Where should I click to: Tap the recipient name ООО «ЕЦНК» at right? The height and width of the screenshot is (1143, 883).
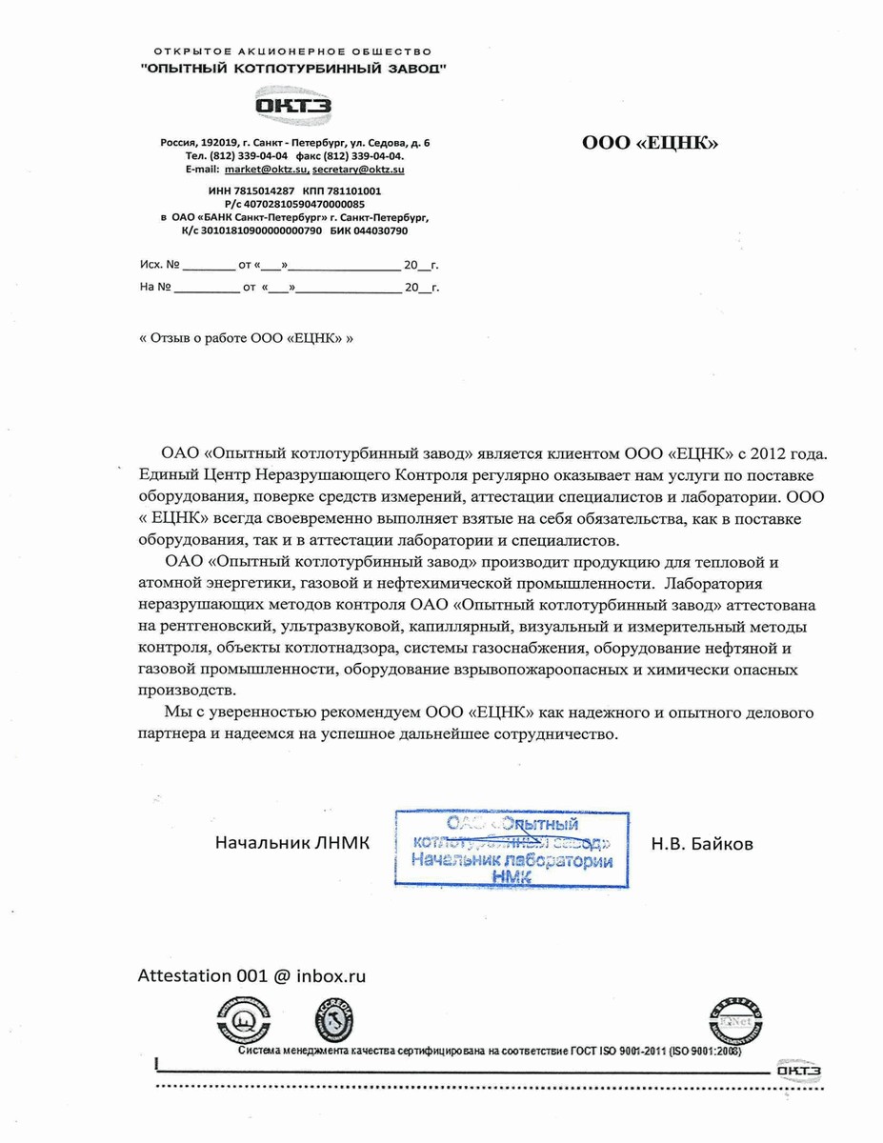(650, 144)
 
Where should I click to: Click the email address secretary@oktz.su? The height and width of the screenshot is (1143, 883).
(358, 169)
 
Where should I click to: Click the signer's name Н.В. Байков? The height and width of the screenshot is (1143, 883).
(702, 844)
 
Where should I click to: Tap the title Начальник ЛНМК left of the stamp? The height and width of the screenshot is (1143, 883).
(291, 844)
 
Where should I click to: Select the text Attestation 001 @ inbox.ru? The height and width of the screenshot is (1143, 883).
(252, 976)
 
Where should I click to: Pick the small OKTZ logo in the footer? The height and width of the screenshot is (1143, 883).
(798, 1071)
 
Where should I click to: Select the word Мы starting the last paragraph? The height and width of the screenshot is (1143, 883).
(176, 712)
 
